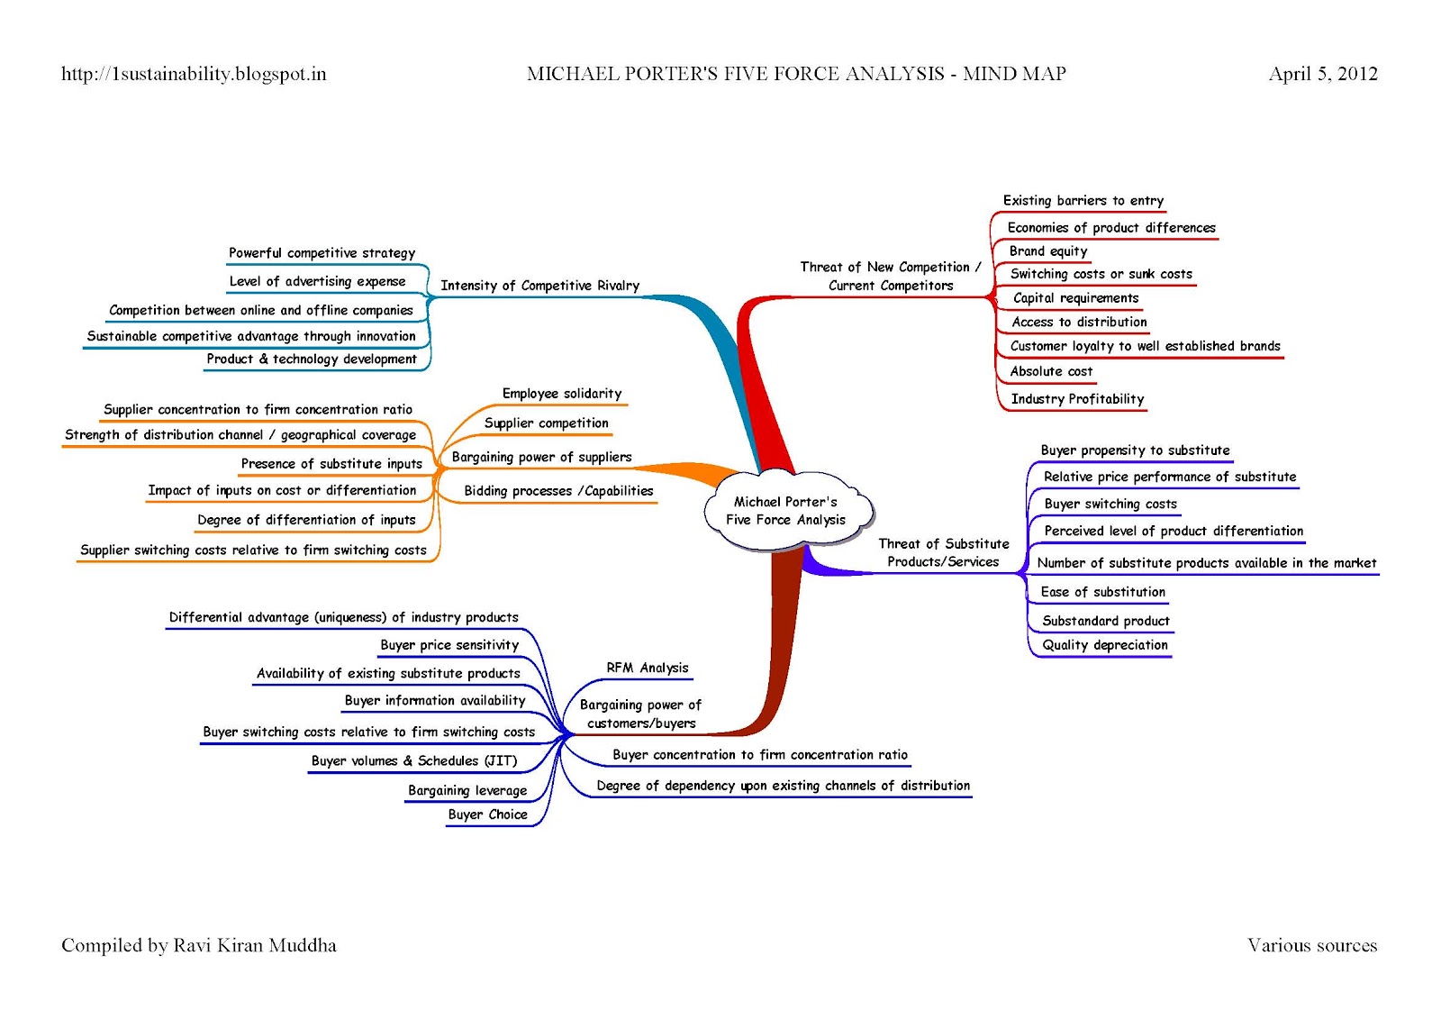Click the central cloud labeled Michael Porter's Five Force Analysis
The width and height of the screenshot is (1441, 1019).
click(785, 511)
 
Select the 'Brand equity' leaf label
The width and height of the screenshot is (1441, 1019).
click(1047, 251)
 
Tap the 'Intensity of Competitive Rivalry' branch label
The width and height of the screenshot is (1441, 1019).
click(539, 286)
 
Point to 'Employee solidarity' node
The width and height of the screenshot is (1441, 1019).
click(561, 394)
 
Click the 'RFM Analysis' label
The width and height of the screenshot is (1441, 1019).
click(647, 668)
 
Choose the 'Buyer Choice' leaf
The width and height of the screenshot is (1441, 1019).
click(487, 814)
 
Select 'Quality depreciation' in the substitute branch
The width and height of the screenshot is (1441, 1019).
click(1104, 645)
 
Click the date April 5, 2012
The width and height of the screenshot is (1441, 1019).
click(1322, 74)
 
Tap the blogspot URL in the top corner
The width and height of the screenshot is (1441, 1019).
click(194, 74)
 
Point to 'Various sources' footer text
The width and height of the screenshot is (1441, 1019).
click(1311, 945)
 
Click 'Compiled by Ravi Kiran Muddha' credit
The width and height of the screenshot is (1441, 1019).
click(199, 945)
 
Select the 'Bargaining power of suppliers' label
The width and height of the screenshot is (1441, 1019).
click(541, 458)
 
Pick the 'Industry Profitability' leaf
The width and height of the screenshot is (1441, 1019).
click(1076, 399)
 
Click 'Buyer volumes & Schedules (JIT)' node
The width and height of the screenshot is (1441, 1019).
click(414, 761)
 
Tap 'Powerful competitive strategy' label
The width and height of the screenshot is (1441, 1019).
click(322, 253)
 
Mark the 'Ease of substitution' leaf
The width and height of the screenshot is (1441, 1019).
click(1102, 592)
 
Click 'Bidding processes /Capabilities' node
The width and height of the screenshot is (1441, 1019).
click(558, 491)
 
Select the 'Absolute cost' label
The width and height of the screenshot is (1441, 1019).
click(1050, 371)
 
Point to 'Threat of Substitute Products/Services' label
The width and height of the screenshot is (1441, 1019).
click(943, 552)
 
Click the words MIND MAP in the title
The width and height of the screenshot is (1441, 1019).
click(1014, 74)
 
